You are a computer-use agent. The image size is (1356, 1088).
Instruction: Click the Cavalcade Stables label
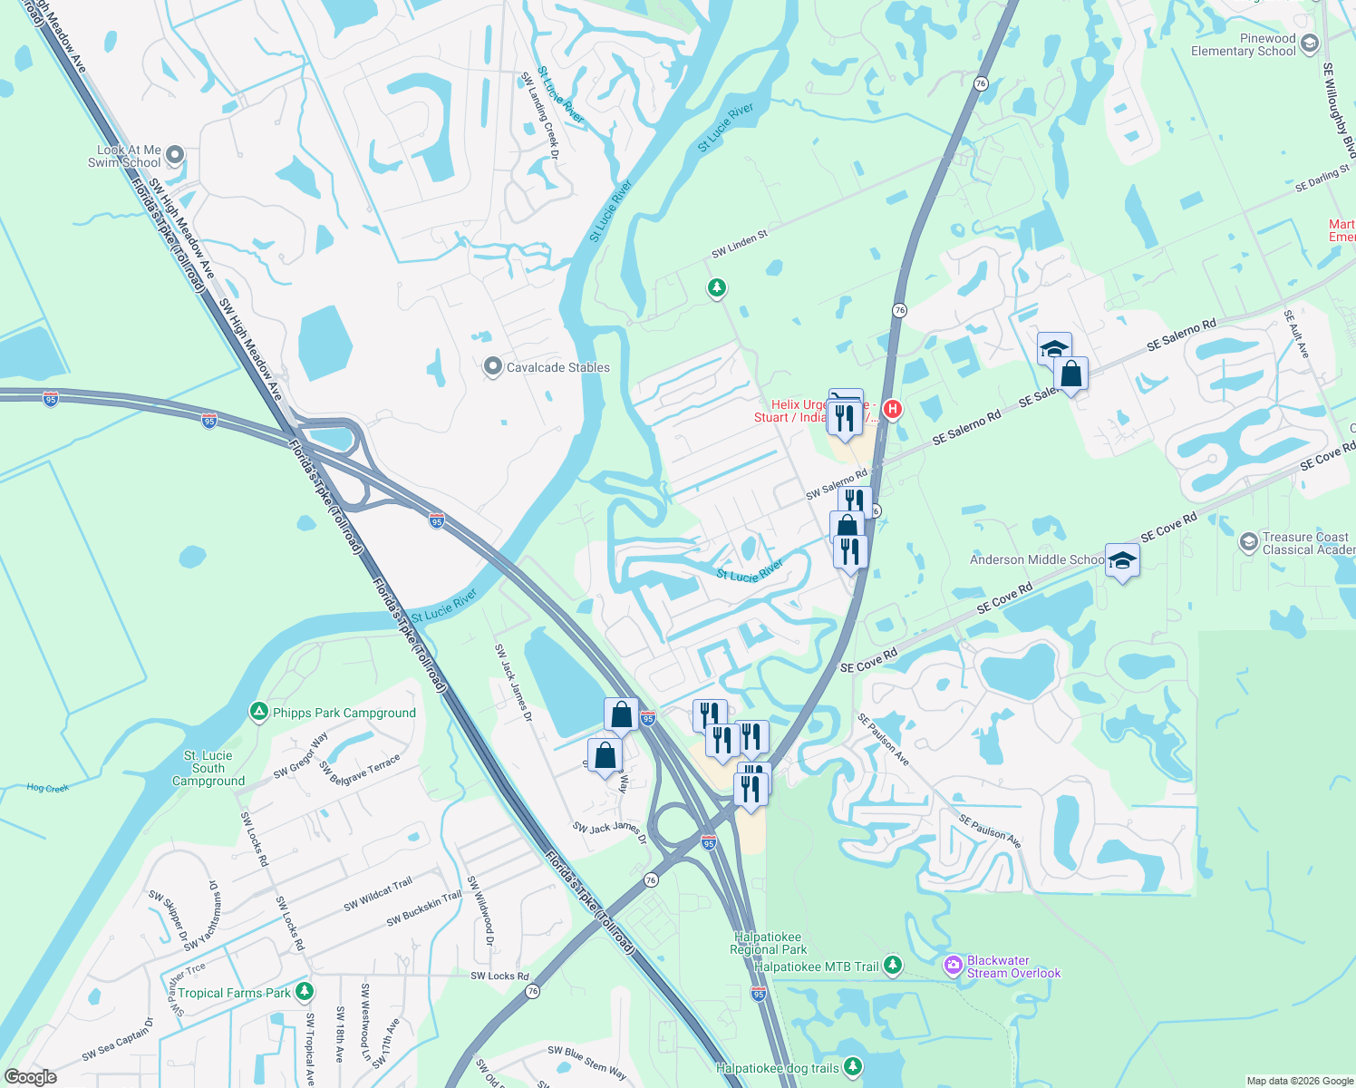tap(557, 367)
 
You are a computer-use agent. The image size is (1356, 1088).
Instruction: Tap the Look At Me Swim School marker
tap(176, 156)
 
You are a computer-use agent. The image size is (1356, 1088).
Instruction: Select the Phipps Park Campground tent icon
tap(259, 713)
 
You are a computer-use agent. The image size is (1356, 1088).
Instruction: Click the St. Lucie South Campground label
tap(208, 768)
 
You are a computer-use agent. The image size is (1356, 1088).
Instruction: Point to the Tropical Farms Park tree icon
tap(305, 992)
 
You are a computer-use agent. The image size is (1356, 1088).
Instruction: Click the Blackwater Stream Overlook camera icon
tap(953, 966)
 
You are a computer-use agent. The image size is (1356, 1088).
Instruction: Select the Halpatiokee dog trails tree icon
tap(852, 1067)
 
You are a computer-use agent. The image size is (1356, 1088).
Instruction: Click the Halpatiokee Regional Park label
tap(768, 943)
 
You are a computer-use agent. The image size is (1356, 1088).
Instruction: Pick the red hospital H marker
tap(893, 410)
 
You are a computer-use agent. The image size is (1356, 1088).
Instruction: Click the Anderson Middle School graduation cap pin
tap(1122, 561)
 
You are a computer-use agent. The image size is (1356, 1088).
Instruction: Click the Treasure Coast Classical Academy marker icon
tap(1248, 542)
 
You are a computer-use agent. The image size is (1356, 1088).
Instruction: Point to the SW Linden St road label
tap(740, 244)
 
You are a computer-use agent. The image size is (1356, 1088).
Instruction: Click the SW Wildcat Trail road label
tap(378, 894)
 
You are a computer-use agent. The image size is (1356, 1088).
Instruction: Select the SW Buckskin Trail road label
tap(424, 909)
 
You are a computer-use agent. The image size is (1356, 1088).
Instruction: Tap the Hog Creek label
tap(48, 788)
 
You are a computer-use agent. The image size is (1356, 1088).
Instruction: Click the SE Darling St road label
tap(1322, 179)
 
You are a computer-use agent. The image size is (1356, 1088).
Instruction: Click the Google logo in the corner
tap(30, 1077)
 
